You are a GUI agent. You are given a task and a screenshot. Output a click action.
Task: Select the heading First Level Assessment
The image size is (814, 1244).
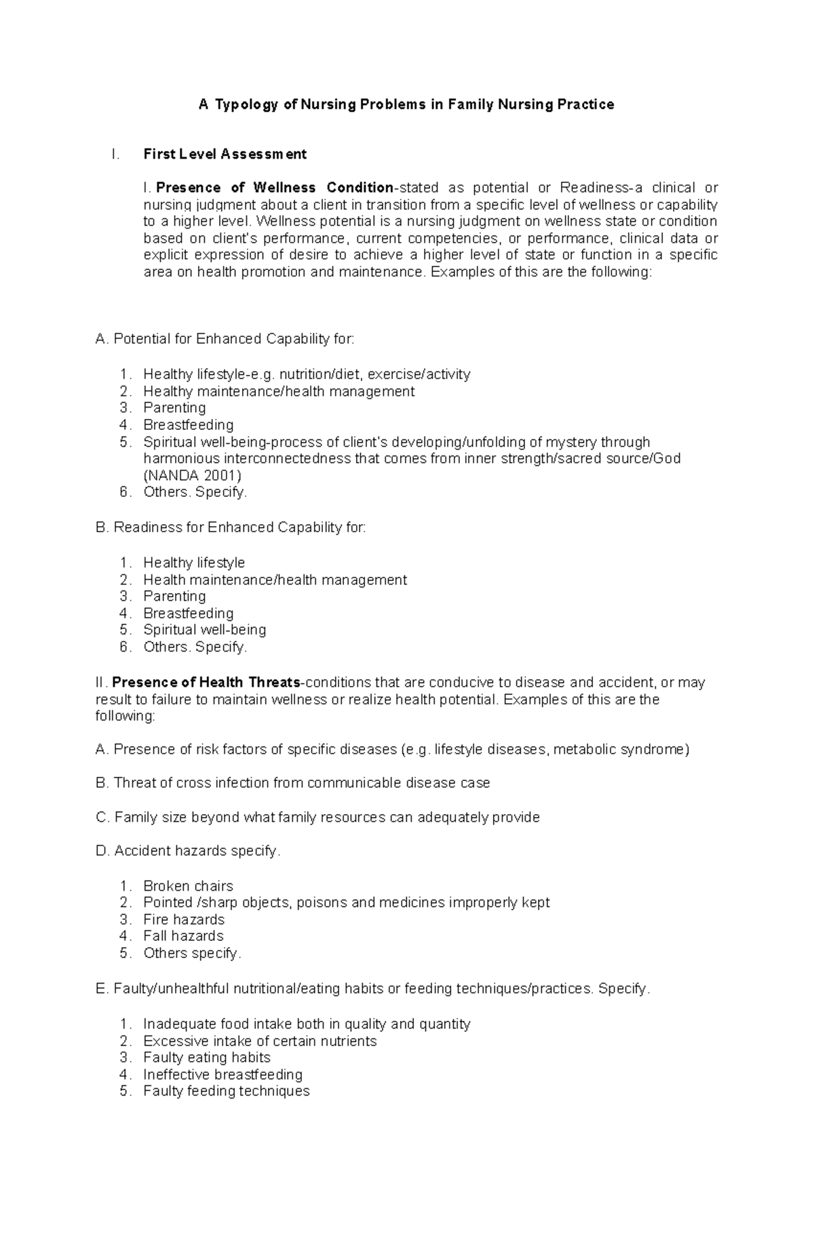[225, 155]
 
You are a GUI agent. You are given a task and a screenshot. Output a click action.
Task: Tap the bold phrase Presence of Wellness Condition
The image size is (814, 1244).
[275, 188]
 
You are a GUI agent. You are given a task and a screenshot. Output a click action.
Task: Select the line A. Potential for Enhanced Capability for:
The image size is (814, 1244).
[225, 339]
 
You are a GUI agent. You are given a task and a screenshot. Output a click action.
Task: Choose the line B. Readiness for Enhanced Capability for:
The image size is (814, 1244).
[231, 527]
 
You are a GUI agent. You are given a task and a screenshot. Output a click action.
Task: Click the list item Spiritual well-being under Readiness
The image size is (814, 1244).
[204, 630]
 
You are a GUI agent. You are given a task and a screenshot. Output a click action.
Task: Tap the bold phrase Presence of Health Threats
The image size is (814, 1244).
[206, 683]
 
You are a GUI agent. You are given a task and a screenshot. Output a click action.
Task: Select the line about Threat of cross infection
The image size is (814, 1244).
[293, 783]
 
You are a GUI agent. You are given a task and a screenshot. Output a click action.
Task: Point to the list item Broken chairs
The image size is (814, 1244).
[188, 886]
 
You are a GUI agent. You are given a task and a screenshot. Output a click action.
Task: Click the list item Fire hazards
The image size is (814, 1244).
[184, 920]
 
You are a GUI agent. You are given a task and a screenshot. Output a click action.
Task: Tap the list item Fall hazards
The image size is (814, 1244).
[183, 936]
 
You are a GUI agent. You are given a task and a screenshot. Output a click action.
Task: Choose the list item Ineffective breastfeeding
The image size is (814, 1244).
[222, 1075]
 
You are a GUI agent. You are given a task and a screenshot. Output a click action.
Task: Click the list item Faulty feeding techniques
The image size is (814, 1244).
[227, 1091]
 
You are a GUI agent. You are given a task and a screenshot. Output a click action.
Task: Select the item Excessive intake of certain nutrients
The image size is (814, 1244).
[260, 1041]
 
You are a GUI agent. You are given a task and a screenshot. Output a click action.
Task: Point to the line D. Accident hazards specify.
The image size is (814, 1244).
[188, 851]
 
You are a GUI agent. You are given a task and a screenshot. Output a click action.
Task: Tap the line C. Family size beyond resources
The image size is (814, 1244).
[317, 818]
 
